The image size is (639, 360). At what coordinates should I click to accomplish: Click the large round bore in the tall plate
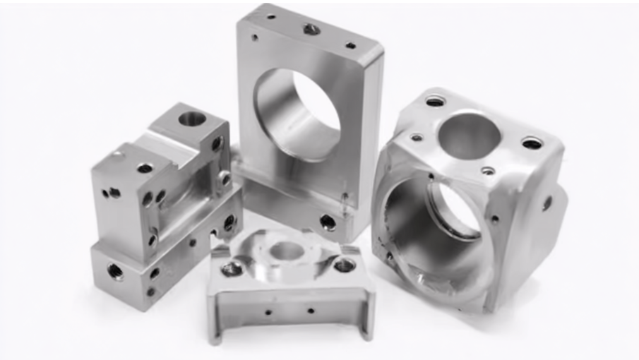[x=300, y=113]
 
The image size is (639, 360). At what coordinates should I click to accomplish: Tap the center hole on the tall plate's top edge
[x=311, y=29]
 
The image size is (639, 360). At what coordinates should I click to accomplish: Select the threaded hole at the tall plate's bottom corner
[x=328, y=222]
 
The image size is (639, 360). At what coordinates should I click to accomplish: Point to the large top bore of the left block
[x=191, y=119]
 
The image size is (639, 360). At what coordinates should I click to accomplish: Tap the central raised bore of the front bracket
[x=286, y=250]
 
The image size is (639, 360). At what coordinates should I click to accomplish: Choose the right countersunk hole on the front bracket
[x=344, y=265]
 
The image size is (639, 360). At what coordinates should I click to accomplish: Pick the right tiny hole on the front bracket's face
[x=310, y=309]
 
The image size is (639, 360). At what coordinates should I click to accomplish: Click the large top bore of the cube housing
[x=469, y=135]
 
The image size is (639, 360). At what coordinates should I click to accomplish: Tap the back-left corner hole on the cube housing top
[x=435, y=101]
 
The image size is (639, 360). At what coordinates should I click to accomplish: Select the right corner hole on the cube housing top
[x=532, y=143]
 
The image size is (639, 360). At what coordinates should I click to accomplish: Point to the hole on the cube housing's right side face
[x=547, y=203]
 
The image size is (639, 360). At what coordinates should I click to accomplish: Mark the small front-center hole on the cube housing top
[x=487, y=171]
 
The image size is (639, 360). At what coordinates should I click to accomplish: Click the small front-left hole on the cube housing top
[x=417, y=138]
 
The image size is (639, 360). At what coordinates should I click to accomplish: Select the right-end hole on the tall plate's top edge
[x=350, y=46]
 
